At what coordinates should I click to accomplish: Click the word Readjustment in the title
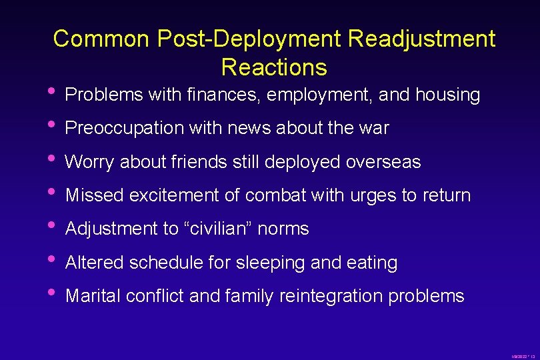click(x=421, y=39)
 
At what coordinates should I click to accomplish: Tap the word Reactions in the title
click(x=274, y=67)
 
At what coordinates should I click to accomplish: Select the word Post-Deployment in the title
click(x=249, y=39)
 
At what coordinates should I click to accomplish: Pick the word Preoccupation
click(x=124, y=128)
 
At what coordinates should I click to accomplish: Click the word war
click(x=375, y=128)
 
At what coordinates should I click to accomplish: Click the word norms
click(x=284, y=229)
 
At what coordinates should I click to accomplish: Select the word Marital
click(x=94, y=296)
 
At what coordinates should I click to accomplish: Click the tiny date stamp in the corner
click(x=523, y=357)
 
